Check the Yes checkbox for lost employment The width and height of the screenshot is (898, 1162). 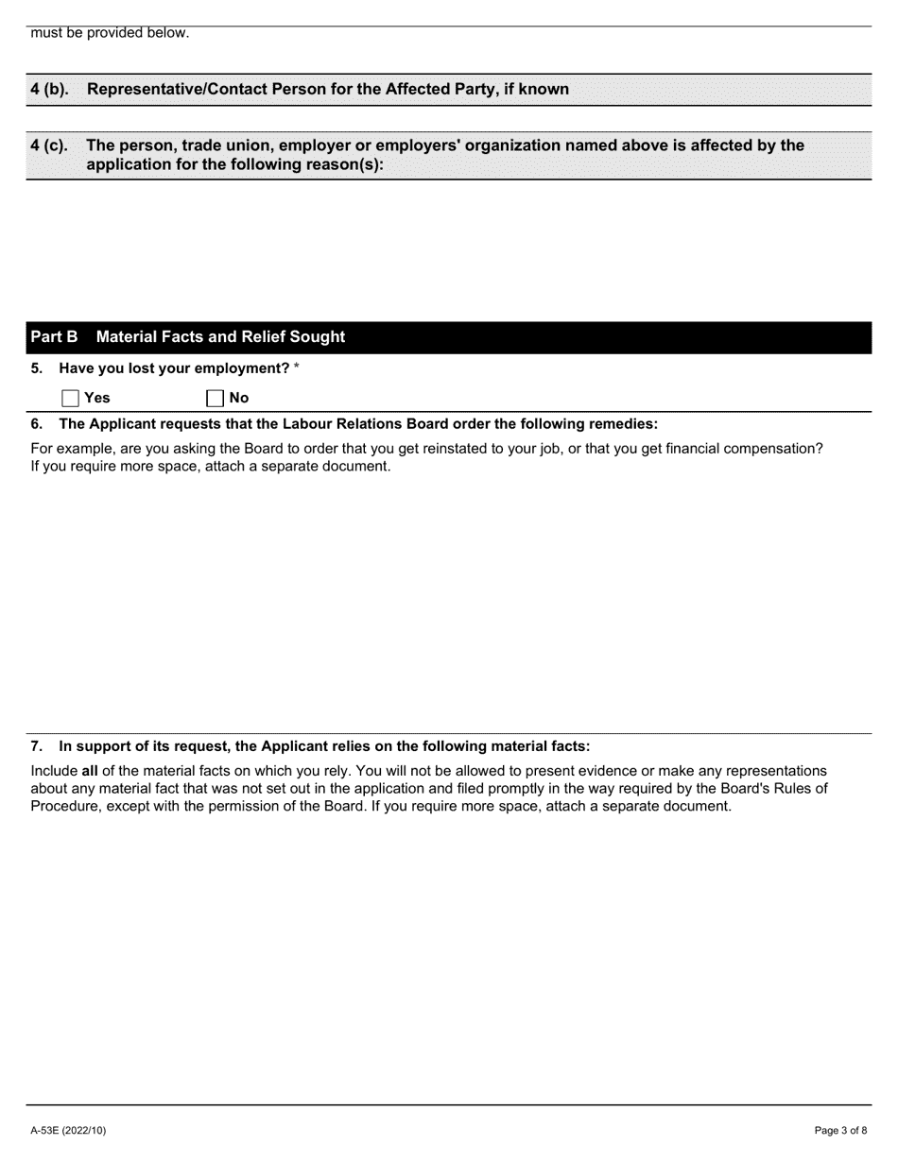coord(70,398)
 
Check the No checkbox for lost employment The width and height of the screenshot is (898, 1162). coord(215,398)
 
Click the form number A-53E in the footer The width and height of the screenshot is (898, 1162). coord(47,1130)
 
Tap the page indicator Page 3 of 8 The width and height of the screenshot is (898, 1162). coord(840,1130)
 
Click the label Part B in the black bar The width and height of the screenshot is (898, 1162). coord(54,337)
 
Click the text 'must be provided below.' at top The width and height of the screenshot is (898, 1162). coord(110,33)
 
